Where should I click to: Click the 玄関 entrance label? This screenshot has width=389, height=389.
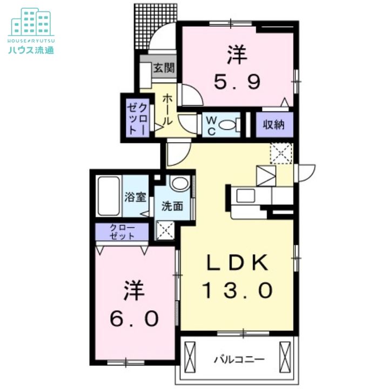pyautogui.click(x=163, y=68)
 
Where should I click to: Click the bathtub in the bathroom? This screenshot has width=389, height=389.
pyautogui.click(x=110, y=196)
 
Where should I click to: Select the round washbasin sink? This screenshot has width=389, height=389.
pyautogui.click(x=177, y=185)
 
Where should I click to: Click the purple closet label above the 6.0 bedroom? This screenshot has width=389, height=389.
pyautogui.click(x=122, y=232)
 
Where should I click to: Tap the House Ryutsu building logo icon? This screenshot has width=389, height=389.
pyautogui.click(x=30, y=22)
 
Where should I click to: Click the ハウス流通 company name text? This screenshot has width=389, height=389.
pyautogui.click(x=30, y=51)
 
